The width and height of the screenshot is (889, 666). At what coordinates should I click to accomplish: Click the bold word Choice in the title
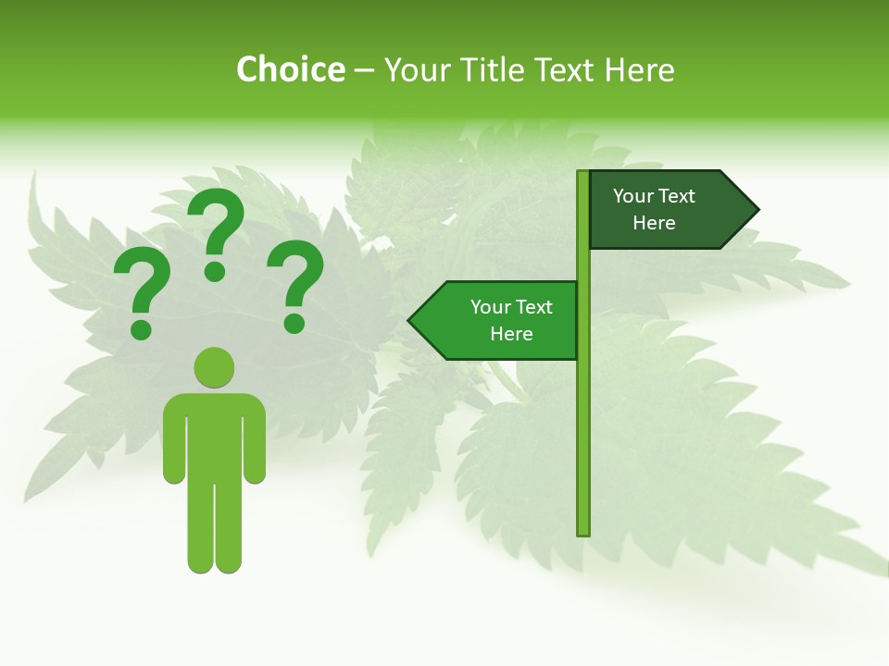tap(290, 70)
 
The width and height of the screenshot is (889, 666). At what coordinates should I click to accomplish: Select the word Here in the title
tap(639, 70)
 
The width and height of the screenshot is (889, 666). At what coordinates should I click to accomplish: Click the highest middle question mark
tap(216, 233)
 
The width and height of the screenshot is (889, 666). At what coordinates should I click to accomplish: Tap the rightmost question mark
tap(295, 285)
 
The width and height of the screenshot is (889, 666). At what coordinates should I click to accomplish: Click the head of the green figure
tap(214, 367)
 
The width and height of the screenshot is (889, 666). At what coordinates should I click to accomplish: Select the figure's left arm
tap(174, 444)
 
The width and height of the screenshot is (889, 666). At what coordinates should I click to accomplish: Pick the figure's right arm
tap(255, 444)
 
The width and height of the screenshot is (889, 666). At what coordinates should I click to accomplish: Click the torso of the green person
tap(214, 435)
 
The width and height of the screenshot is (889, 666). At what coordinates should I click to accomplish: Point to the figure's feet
tap(214, 562)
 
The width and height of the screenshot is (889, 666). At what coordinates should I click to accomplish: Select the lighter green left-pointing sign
tap(500, 320)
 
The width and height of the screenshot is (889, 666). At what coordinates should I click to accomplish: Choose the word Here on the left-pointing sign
tap(511, 334)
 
